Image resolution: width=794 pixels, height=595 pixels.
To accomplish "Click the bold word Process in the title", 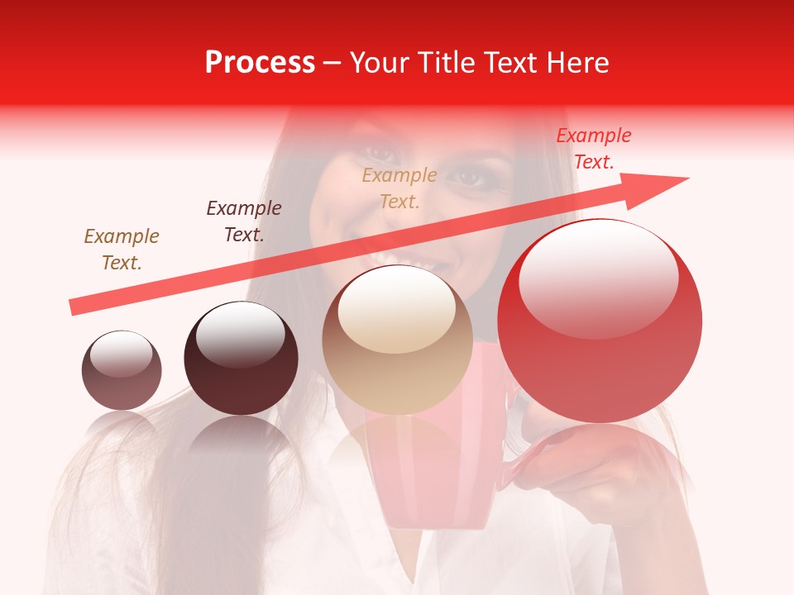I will coord(260,63).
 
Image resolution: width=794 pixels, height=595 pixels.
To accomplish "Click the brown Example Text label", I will coord(122,249).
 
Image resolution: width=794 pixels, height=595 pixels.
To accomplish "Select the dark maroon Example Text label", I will coord(244,221).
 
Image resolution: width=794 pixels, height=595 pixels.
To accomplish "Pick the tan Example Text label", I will coord(399,188).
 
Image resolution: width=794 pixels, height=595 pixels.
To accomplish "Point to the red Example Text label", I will coord(593,149).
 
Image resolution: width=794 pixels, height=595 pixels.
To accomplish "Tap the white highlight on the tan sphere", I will coord(397,307).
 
